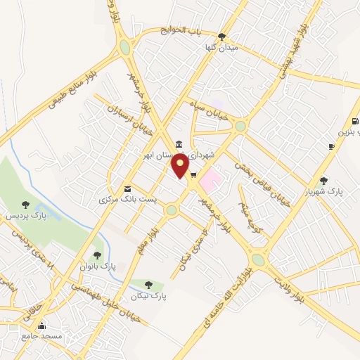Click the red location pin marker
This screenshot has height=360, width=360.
(x=181, y=166)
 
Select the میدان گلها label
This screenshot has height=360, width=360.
(x=221, y=47)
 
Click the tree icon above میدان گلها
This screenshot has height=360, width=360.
(x=222, y=37)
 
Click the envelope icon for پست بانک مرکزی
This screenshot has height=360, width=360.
(x=127, y=188)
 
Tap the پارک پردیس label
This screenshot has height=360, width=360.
(x=25, y=216)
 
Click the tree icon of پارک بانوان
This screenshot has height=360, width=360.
(x=97, y=255)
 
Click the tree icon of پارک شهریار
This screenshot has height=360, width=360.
(x=323, y=181)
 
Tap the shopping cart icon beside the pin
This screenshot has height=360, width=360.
(x=193, y=175)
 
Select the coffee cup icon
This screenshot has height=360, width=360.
(x=331, y=146)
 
